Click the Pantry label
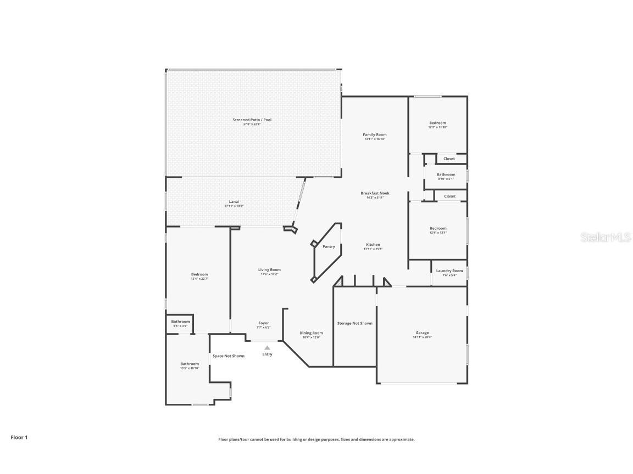[329, 247]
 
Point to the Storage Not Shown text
[354, 323]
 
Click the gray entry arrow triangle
[267, 347]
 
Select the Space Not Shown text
[229, 356]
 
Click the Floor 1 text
[19, 437]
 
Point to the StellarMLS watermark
[602, 237]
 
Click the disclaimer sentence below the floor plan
[316, 439]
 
